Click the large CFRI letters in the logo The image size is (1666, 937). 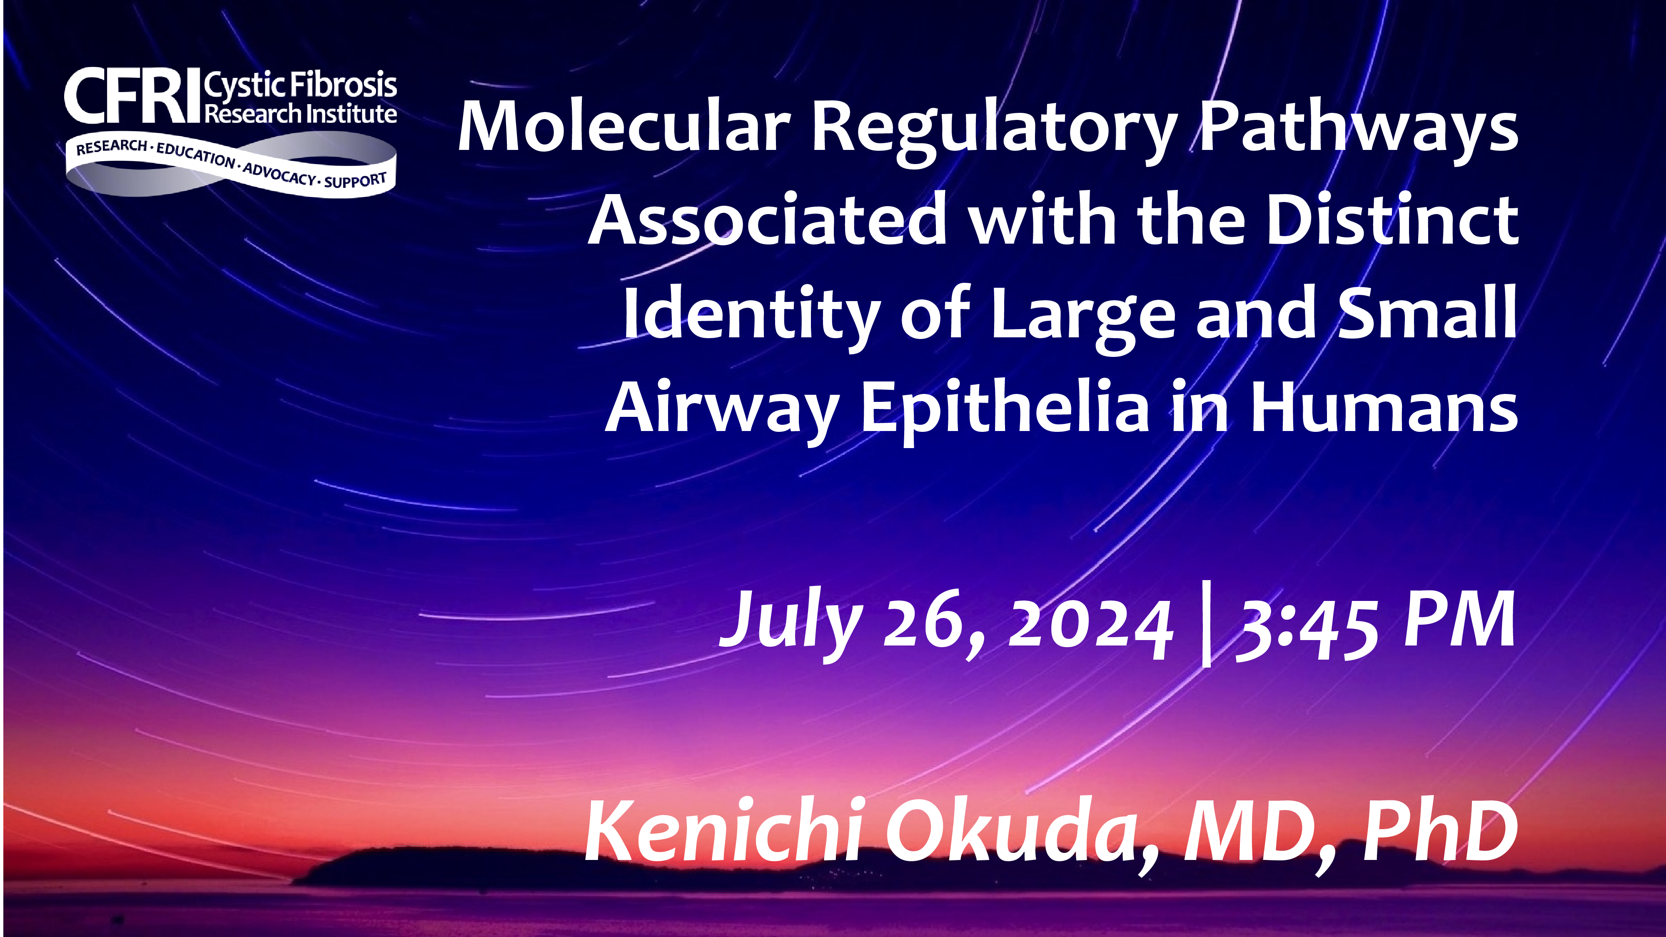click(x=132, y=97)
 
